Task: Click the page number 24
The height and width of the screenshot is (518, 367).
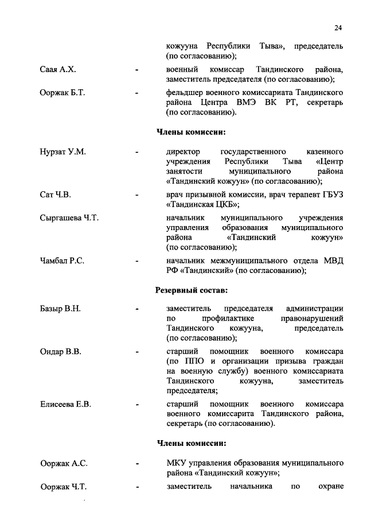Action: (338, 28)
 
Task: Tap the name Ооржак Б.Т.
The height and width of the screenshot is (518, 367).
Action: (63, 93)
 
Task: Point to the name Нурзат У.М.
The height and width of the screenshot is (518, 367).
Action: (63, 152)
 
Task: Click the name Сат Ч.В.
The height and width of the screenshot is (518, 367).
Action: (56, 195)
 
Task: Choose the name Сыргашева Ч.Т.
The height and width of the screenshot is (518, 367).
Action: (69, 218)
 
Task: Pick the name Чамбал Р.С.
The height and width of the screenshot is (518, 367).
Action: (63, 261)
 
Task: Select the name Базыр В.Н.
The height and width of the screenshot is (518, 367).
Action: (60, 309)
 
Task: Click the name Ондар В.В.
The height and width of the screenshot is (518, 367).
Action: (60, 351)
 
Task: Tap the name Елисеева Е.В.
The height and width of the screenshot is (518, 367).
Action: (66, 404)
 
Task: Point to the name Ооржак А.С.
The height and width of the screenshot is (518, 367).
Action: (64, 462)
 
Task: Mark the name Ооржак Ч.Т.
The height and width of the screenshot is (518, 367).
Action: (64, 487)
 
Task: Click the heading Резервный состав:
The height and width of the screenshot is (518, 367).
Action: (192, 290)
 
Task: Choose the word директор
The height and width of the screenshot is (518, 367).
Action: (183, 152)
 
